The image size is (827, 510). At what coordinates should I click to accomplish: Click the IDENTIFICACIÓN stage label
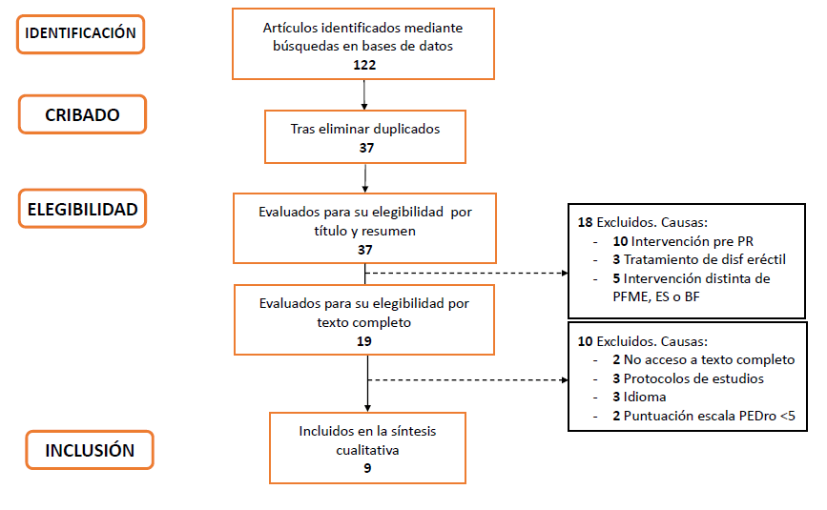pos(80,34)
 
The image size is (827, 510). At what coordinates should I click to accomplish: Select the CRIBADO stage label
pos(82,114)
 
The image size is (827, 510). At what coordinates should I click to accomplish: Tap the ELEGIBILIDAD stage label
pos(82,209)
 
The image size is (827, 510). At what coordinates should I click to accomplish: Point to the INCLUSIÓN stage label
pos(90,450)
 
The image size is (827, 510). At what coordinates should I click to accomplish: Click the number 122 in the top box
pos(364,65)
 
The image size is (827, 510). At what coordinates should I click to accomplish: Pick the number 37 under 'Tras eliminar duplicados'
pos(366,148)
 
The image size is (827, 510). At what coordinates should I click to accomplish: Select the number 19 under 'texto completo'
pos(364,341)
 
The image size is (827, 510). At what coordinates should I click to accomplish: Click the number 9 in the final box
pos(367,468)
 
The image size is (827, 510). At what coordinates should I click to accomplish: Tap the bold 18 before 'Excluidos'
pos(586,222)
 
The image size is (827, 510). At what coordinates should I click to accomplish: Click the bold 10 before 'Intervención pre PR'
pos(620,241)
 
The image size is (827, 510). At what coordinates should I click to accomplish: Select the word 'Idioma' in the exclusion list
pos(645,397)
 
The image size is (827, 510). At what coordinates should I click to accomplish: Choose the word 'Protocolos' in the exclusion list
pos(654,378)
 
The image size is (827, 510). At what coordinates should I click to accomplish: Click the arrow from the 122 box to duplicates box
pos(364,94)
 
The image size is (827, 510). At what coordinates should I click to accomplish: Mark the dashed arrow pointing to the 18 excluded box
pos(466,273)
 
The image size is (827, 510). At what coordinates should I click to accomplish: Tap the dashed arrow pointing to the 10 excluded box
pos(467,379)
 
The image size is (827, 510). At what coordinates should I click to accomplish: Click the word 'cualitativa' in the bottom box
pos(367,450)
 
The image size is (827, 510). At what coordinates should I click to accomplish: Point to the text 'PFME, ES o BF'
pos(656,296)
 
